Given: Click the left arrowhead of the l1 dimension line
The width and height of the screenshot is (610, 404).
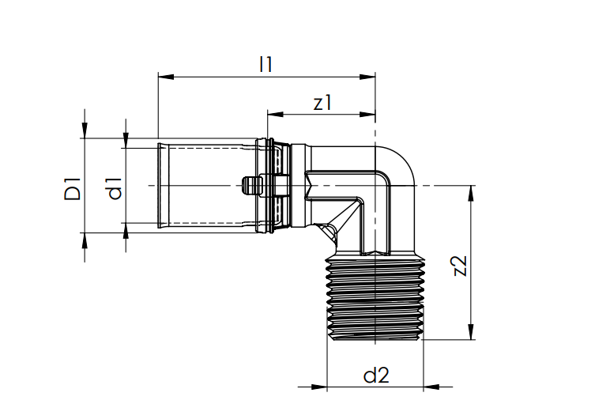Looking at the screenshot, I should point(164,77).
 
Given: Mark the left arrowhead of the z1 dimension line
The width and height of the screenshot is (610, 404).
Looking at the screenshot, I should point(273,115).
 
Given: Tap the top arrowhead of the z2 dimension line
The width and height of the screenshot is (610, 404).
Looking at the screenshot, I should point(472,191).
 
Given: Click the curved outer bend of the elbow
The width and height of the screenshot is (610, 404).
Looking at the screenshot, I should point(407,162).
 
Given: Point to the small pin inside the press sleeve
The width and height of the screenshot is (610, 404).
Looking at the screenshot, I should point(250,187).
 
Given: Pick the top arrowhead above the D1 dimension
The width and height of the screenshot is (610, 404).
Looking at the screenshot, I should point(84,133).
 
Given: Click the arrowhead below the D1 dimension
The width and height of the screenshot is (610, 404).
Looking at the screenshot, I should point(84,240).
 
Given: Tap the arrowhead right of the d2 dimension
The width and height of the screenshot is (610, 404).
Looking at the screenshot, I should point(431,387).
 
